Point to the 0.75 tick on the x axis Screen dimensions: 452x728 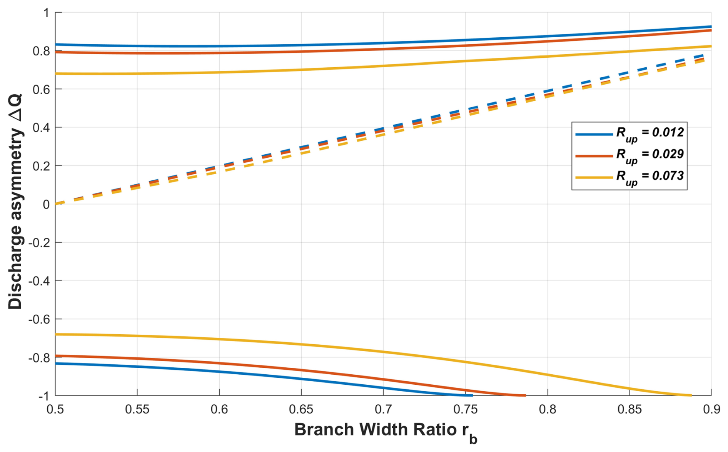point(465,409)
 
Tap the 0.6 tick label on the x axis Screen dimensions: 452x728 point(219,409)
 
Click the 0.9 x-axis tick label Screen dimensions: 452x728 point(711,409)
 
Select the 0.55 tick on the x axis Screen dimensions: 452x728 point(137,409)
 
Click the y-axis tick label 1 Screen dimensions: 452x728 point(46,13)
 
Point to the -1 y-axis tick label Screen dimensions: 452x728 point(43,396)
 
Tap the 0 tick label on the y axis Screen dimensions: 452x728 point(46,204)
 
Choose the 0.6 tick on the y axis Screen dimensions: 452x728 point(41,89)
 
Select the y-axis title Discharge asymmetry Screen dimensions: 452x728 point(15,202)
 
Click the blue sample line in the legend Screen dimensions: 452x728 point(594,134)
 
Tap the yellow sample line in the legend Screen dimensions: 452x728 point(594,177)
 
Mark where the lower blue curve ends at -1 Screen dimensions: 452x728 point(472,395)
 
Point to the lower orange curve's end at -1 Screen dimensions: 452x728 point(525,395)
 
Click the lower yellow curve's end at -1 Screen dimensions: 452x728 point(691,395)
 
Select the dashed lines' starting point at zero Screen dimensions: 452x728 point(56,203)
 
